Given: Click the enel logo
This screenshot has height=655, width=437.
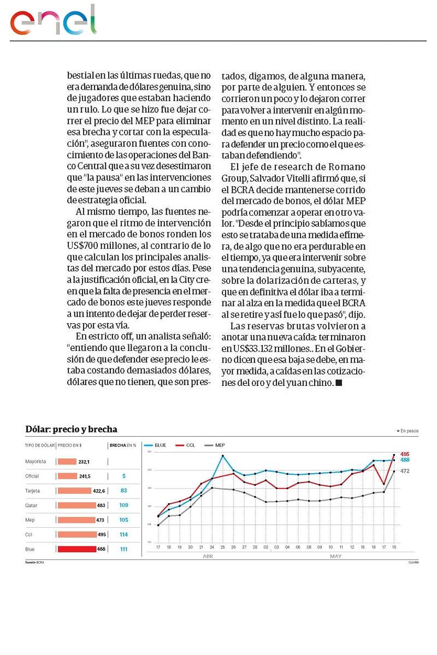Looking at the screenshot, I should point(53,20).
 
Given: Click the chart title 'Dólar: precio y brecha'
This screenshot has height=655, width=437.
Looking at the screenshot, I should point(71,430).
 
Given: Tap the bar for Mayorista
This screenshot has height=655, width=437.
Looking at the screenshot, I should point(67,461).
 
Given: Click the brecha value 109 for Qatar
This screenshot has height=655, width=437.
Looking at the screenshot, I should point(123,505).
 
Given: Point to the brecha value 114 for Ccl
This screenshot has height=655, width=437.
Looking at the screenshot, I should point(123,535).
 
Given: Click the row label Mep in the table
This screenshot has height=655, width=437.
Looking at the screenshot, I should point(30,520).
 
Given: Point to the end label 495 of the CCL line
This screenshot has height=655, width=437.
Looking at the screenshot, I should point(405,454).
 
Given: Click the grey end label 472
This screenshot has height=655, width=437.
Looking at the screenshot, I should point(405,471).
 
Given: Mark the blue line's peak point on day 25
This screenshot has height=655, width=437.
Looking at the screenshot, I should point(223,456).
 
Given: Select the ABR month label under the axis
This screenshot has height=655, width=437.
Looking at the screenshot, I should point(208,556).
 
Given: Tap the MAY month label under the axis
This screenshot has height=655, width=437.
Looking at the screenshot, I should point(335,556).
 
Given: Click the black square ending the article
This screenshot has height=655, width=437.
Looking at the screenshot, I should point(339,383).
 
